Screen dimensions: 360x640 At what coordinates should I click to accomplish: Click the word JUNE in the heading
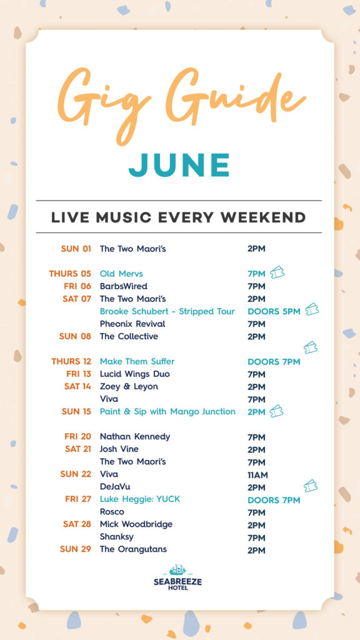tap(179, 165)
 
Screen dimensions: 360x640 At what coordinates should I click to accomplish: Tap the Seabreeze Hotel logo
tap(178, 577)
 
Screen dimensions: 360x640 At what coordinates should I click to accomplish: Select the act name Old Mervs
tap(121, 274)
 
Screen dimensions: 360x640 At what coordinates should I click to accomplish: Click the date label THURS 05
tap(70, 274)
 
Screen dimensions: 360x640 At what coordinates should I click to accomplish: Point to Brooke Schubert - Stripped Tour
tap(167, 311)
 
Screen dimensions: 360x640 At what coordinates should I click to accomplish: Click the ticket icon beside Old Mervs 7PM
tap(277, 272)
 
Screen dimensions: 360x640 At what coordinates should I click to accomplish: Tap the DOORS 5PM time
tap(274, 311)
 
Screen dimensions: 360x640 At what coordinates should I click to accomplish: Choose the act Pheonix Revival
tap(132, 324)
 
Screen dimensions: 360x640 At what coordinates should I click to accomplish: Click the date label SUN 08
tap(75, 336)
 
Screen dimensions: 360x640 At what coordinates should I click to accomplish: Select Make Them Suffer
tap(137, 361)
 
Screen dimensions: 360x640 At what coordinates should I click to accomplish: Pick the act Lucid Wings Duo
tap(135, 374)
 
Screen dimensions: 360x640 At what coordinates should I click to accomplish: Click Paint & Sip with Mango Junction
tap(167, 411)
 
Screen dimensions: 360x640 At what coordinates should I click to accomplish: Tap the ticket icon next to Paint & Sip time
tap(276, 411)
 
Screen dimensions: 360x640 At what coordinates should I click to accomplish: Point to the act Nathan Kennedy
tap(135, 436)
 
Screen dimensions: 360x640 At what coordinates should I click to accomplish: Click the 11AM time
tap(257, 475)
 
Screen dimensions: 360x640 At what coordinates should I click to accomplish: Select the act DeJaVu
tap(115, 486)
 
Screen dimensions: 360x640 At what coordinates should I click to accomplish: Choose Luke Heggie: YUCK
tap(140, 499)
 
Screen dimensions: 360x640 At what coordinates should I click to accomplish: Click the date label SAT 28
tap(77, 524)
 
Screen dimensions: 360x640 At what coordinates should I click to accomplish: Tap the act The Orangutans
tap(134, 549)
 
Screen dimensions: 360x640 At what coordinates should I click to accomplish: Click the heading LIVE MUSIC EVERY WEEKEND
tap(178, 217)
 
